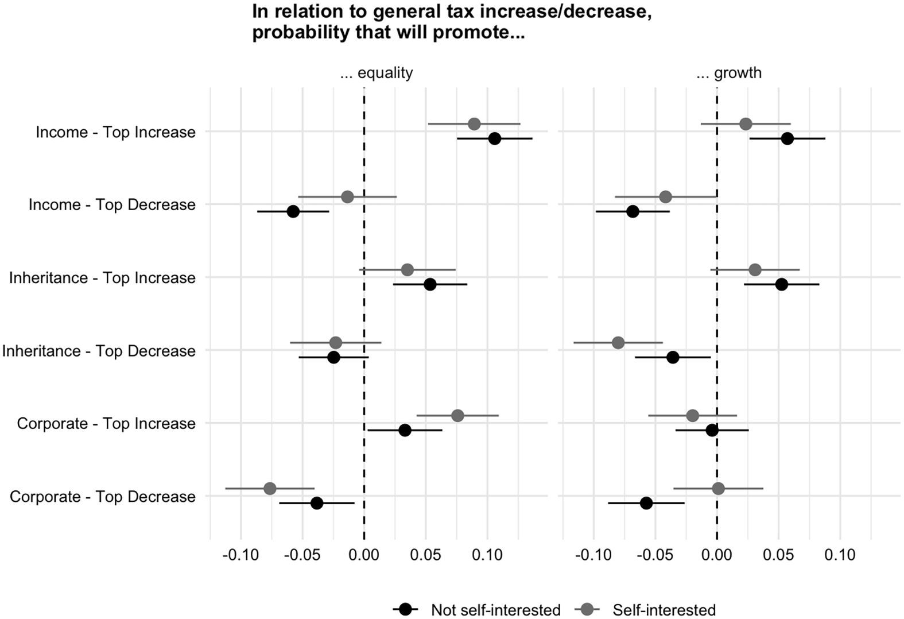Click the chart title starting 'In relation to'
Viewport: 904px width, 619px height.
pyautogui.click(x=451, y=22)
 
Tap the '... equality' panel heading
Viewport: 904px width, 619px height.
pyautogui.click(x=377, y=73)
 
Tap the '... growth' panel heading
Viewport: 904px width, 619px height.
pyautogui.click(x=729, y=73)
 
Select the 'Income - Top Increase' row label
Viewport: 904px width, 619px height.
pyautogui.click(x=115, y=132)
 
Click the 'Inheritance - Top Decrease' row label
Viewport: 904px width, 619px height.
pyautogui.click(x=99, y=351)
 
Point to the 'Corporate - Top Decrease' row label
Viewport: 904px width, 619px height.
pyautogui.click(x=103, y=497)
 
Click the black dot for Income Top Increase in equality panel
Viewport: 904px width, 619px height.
pyautogui.click(x=494, y=138)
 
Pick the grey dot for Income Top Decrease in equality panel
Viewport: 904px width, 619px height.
pyautogui.click(x=347, y=197)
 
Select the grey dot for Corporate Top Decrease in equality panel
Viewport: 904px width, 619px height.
pyautogui.click(x=270, y=489)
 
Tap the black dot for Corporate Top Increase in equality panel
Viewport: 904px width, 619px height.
pyautogui.click(x=405, y=430)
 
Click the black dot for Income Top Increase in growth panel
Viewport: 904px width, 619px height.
pyautogui.click(x=787, y=138)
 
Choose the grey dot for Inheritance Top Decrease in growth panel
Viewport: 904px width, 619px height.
pyautogui.click(x=618, y=343)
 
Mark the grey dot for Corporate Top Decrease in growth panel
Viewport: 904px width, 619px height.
pyautogui.click(x=718, y=489)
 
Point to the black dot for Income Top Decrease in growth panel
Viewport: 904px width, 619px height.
pyautogui.click(x=633, y=211)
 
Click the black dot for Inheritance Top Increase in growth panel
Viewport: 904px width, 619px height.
pyautogui.click(x=781, y=284)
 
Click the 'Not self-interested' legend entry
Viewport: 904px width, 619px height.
pyautogui.click(x=495, y=610)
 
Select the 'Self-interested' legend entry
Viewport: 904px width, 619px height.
pyautogui.click(x=664, y=610)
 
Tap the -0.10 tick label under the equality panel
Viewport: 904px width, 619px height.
pyautogui.click(x=240, y=555)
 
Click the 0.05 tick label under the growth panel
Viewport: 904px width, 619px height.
pyautogui.click(x=778, y=555)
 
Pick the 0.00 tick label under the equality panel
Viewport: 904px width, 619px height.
pyautogui.click(x=364, y=555)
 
